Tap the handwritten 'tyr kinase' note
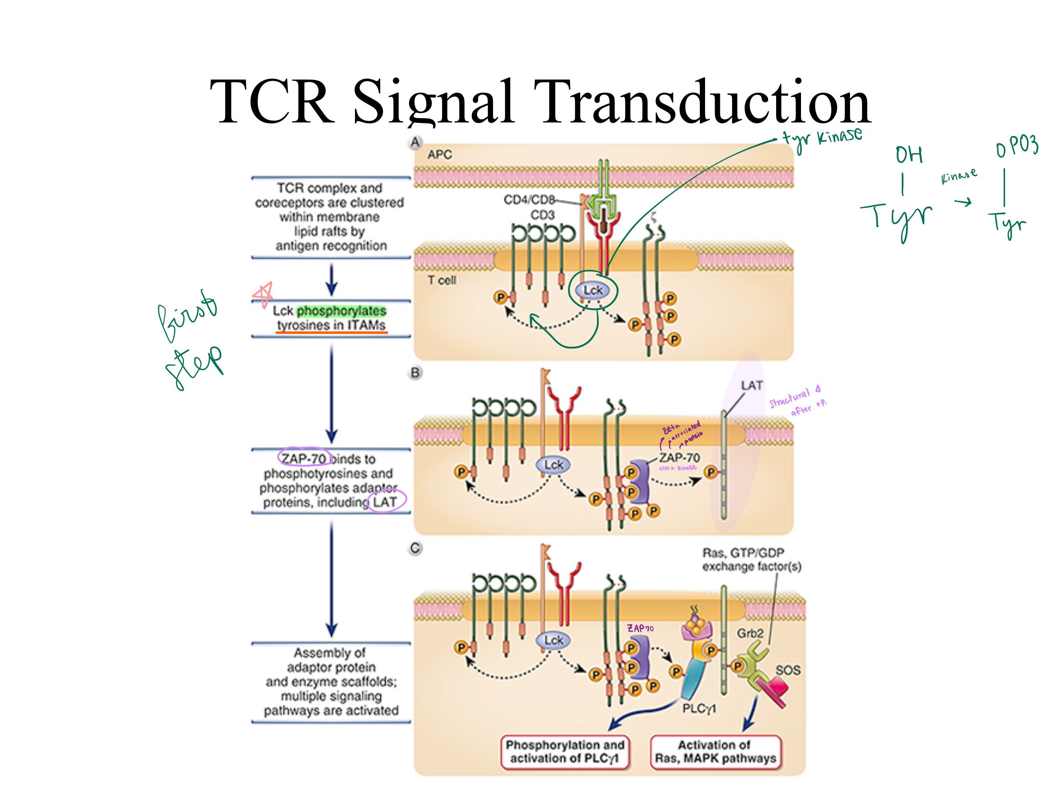coord(822,137)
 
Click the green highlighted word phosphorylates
coord(341,311)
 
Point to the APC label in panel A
coord(439,154)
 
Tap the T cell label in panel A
coord(442,280)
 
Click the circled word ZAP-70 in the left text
coord(303,459)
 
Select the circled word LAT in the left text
coord(385,501)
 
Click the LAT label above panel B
coord(751,385)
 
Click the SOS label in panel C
coord(788,670)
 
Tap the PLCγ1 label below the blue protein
coord(699,708)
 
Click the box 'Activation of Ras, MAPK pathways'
coord(715,752)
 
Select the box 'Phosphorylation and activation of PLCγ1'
coord(565,752)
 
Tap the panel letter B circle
coord(416,373)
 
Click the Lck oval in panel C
coord(553,640)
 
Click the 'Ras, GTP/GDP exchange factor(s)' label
coord(751,559)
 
